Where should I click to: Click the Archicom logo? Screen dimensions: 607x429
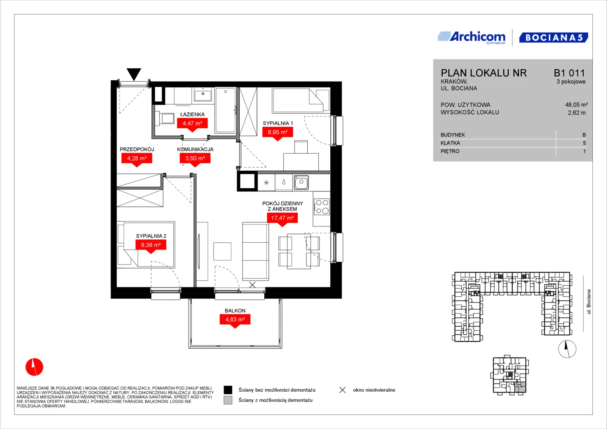click(x=471, y=38)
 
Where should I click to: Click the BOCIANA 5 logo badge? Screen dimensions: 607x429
click(x=554, y=37)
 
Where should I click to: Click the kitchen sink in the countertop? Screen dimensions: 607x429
click(x=301, y=182)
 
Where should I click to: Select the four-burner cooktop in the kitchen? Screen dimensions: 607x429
click(x=322, y=207)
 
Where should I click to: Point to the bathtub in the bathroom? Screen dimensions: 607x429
click(x=225, y=110)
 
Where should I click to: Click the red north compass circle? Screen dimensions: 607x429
click(x=35, y=367)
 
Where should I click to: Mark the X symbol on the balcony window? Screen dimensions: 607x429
click(x=252, y=285)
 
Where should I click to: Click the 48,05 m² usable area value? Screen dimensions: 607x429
click(x=576, y=105)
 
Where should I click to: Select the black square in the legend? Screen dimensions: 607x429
click(x=228, y=390)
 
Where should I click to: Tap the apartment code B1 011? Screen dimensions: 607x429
click(x=569, y=73)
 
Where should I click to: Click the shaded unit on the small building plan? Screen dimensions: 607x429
click(x=521, y=388)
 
